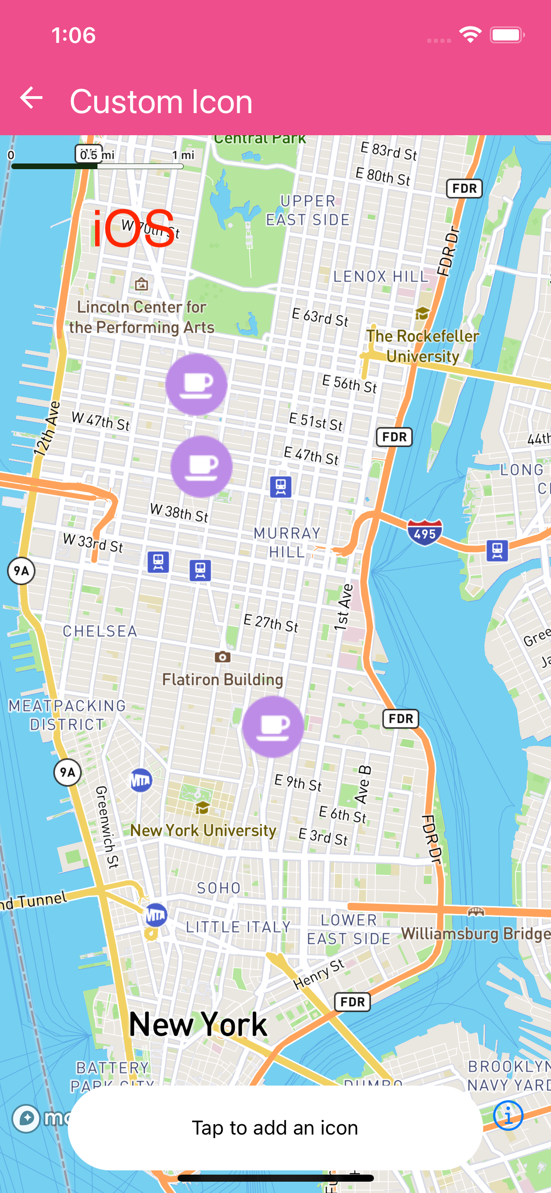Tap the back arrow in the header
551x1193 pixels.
(32, 98)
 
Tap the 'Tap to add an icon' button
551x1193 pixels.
(275, 1128)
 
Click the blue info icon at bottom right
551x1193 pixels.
(508, 1116)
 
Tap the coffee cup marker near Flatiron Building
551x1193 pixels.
(273, 727)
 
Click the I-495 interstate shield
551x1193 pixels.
(425, 533)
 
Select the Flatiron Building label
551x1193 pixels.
(223, 679)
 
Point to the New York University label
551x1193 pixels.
(203, 830)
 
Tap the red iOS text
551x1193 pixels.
(133, 229)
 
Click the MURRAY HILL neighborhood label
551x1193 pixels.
(287, 542)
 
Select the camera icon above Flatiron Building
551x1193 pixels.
(222, 657)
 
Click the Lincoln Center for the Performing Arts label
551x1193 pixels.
(142, 317)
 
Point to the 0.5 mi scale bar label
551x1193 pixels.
(89, 154)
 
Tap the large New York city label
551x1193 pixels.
(198, 1024)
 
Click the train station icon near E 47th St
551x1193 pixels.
(281, 487)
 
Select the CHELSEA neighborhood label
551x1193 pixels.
(100, 631)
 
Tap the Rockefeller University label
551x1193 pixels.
(423, 346)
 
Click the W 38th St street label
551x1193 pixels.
(179, 512)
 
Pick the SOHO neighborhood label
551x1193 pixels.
(219, 888)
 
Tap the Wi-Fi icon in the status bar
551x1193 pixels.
(470, 35)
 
